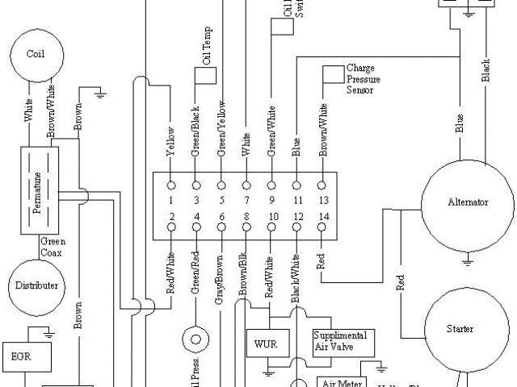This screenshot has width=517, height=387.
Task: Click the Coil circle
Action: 36,56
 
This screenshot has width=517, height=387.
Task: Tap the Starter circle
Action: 460,329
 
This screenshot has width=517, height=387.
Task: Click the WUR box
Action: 266,343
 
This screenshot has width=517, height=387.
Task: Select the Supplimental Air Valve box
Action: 343,342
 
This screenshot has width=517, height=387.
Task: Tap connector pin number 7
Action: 247,200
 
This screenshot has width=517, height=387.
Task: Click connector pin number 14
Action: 324,217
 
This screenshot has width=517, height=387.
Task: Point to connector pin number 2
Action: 171,217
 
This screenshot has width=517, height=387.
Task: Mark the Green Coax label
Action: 53,245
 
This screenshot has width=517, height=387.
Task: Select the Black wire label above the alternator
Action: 485,70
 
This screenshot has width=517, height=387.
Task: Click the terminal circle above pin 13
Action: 323,183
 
